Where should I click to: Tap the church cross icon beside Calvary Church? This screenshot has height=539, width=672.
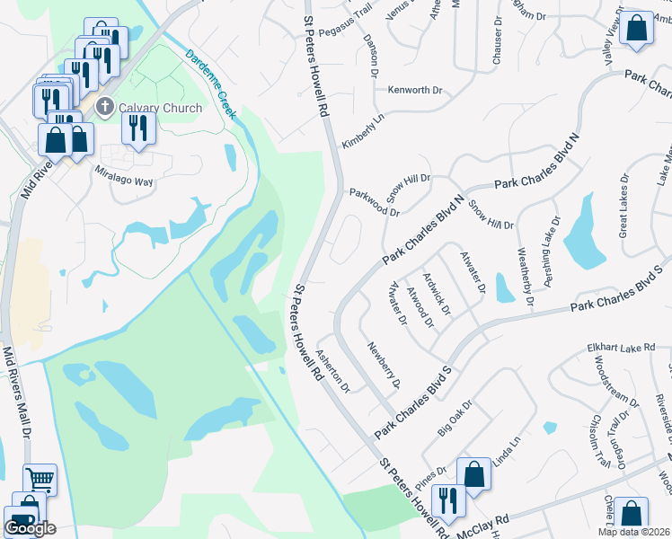[104, 108]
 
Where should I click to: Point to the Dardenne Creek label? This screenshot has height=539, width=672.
[211, 84]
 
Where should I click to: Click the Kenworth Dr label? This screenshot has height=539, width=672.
[415, 90]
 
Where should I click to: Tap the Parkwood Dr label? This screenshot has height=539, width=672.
[374, 202]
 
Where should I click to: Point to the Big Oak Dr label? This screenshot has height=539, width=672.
[455, 418]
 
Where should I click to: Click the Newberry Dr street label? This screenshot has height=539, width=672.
[383, 365]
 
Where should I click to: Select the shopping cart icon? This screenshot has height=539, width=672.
[40, 480]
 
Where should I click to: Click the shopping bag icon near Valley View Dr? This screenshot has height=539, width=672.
[636, 29]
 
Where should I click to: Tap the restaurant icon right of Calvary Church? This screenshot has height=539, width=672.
[137, 128]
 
